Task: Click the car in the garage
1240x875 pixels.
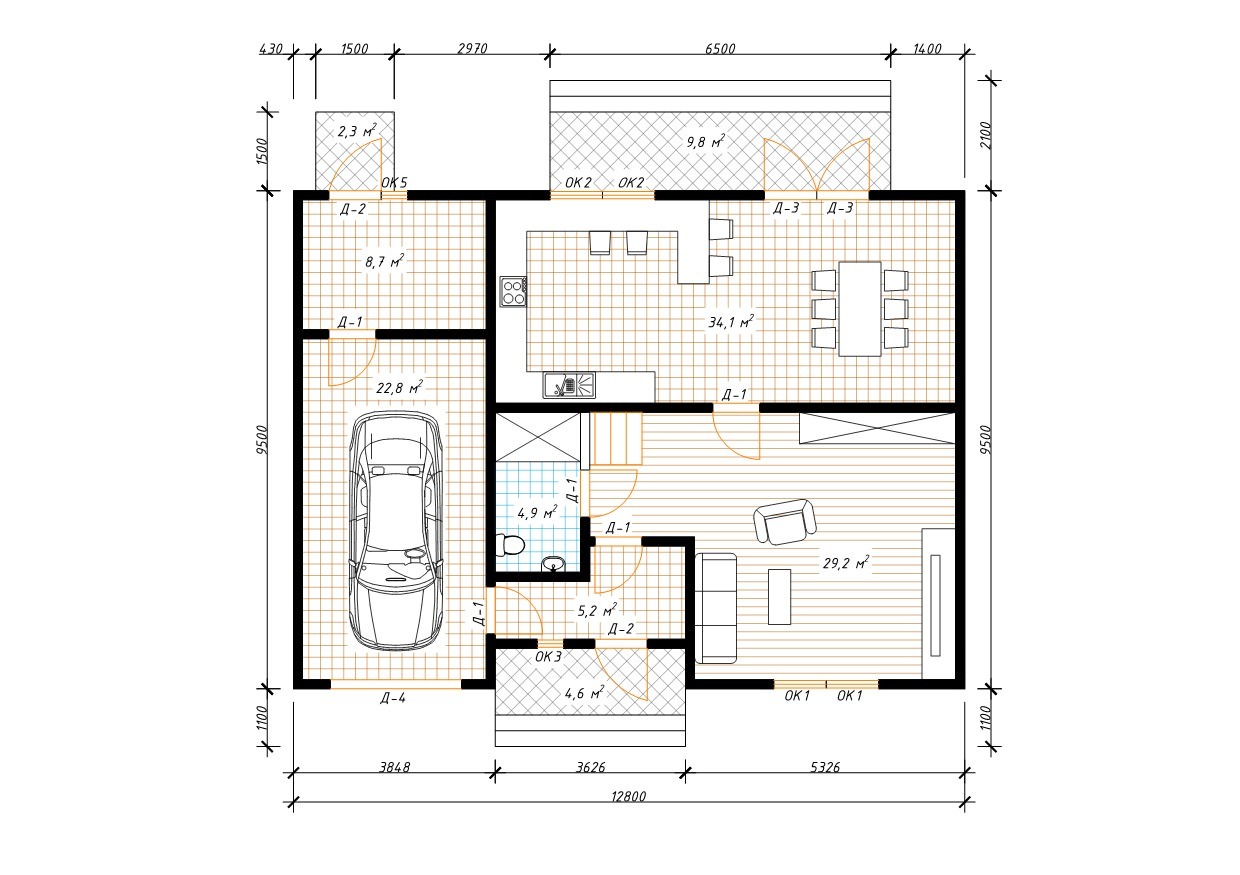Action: (396, 531)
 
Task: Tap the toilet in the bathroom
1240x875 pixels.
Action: (510, 545)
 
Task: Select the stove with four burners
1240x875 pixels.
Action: (513, 292)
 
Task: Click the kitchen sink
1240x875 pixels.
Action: (569, 385)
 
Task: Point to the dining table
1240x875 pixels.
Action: (860, 309)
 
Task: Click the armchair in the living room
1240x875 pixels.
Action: (785, 522)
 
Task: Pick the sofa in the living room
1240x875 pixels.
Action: (716, 608)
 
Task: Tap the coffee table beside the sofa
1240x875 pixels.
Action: (779, 597)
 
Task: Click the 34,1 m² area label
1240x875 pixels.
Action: (731, 322)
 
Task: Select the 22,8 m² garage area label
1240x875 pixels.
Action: (399, 387)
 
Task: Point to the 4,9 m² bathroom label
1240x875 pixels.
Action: (537, 512)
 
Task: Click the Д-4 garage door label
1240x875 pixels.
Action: (393, 698)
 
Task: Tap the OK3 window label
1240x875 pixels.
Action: (548, 657)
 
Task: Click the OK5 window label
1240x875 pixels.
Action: (394, 182)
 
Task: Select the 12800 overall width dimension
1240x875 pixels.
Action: (629, 796)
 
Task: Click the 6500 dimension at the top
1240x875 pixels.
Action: (720, 49)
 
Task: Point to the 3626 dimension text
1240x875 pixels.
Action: (591, 767)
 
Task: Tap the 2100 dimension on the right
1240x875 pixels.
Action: (986, 134)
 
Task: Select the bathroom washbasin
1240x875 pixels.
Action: (552, 564)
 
